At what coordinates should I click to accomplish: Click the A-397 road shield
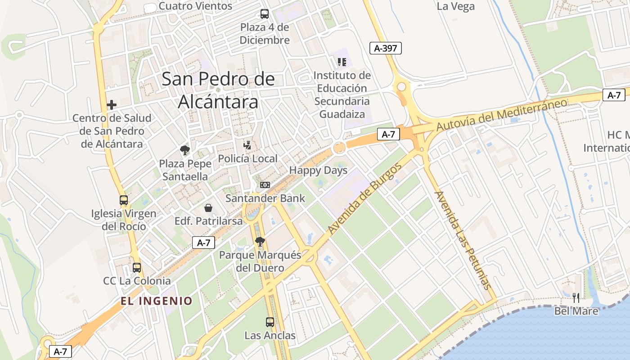[385, 48]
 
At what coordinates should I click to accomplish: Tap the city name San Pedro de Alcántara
[218, 90]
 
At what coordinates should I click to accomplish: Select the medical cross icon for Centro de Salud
[112, 105]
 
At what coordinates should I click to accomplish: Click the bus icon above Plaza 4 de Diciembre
[265, 14]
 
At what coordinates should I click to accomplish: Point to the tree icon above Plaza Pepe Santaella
[184, 150]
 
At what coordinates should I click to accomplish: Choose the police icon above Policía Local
[247, 145]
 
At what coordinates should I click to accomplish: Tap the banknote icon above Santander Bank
[265, 185]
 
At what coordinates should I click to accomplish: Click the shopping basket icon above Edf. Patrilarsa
[208, 208]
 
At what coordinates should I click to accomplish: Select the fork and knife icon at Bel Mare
[576, 297]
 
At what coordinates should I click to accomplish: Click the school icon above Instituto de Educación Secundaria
[342, 62]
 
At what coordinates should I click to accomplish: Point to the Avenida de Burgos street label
[364, 199]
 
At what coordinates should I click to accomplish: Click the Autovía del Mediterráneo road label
[502, 115]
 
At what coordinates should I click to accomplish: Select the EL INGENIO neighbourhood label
[157, 301]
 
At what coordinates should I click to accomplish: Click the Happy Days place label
[318, 171]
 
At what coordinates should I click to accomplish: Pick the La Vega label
[455, 6]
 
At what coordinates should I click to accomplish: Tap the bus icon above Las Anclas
[270, 322]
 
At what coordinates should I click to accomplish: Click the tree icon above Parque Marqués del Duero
[260, 242]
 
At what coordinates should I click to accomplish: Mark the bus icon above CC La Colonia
[137, 268]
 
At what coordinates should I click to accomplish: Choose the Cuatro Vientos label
[196, 6]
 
